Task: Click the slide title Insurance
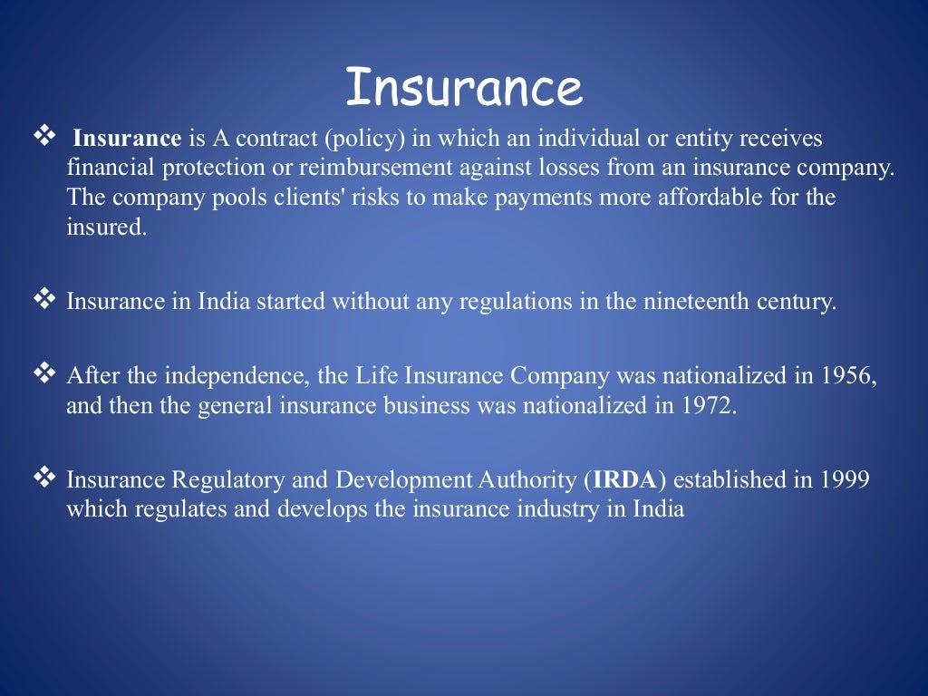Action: pos(463,88)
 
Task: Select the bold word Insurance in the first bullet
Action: pos(128,140)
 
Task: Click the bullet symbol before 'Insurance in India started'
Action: pos(43,298)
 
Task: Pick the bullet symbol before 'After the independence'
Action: pos(43,372)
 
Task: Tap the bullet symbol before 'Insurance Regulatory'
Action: pos(43,476)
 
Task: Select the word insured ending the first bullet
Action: pos(105,227)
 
